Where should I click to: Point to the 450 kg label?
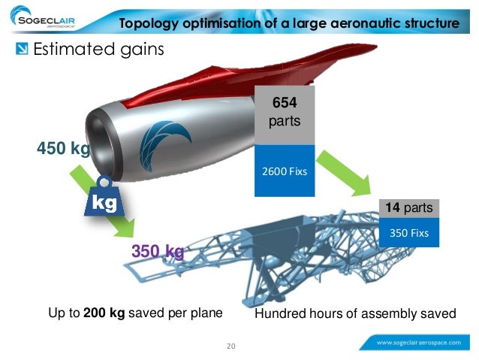pos(63,149)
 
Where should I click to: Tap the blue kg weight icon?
pos(104,200)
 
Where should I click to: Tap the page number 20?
pos(230,346)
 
